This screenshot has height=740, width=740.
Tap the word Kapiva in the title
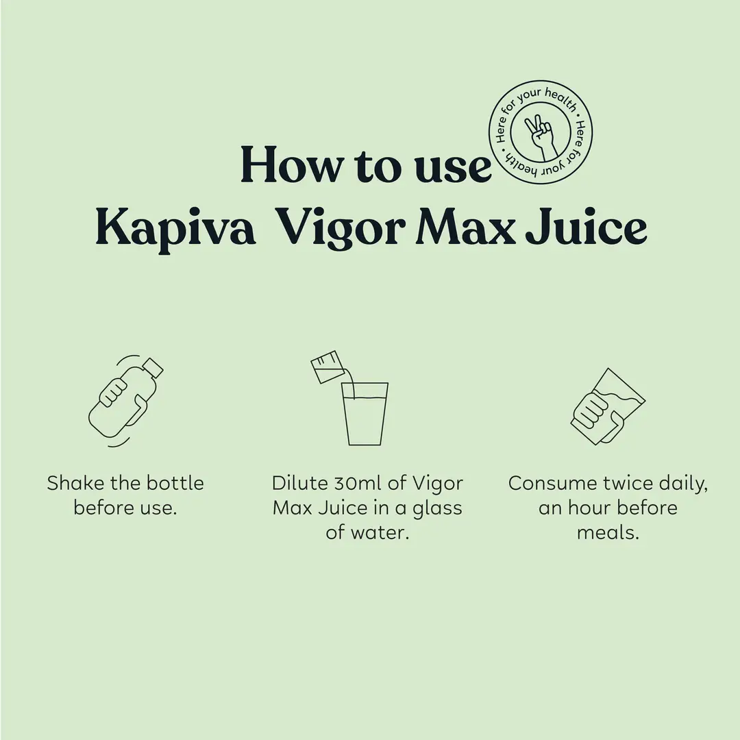click(x=176, y=228)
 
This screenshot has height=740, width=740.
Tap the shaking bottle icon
click(x=126, y=401)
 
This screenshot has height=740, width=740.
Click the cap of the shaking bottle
click(x=152, y=368)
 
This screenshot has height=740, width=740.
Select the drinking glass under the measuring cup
click(x=365, y=413)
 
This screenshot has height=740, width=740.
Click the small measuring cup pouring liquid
click(x=328, y=367)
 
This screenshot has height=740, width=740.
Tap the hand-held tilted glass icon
click(x=608, y=406)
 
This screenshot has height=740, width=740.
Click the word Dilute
click(x=300, y=483)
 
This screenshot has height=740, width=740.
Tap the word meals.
click(x=608, y=532)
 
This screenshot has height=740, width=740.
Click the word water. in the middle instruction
click(x=379, y=532)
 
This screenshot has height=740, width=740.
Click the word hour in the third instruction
click(x=590, y=507)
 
